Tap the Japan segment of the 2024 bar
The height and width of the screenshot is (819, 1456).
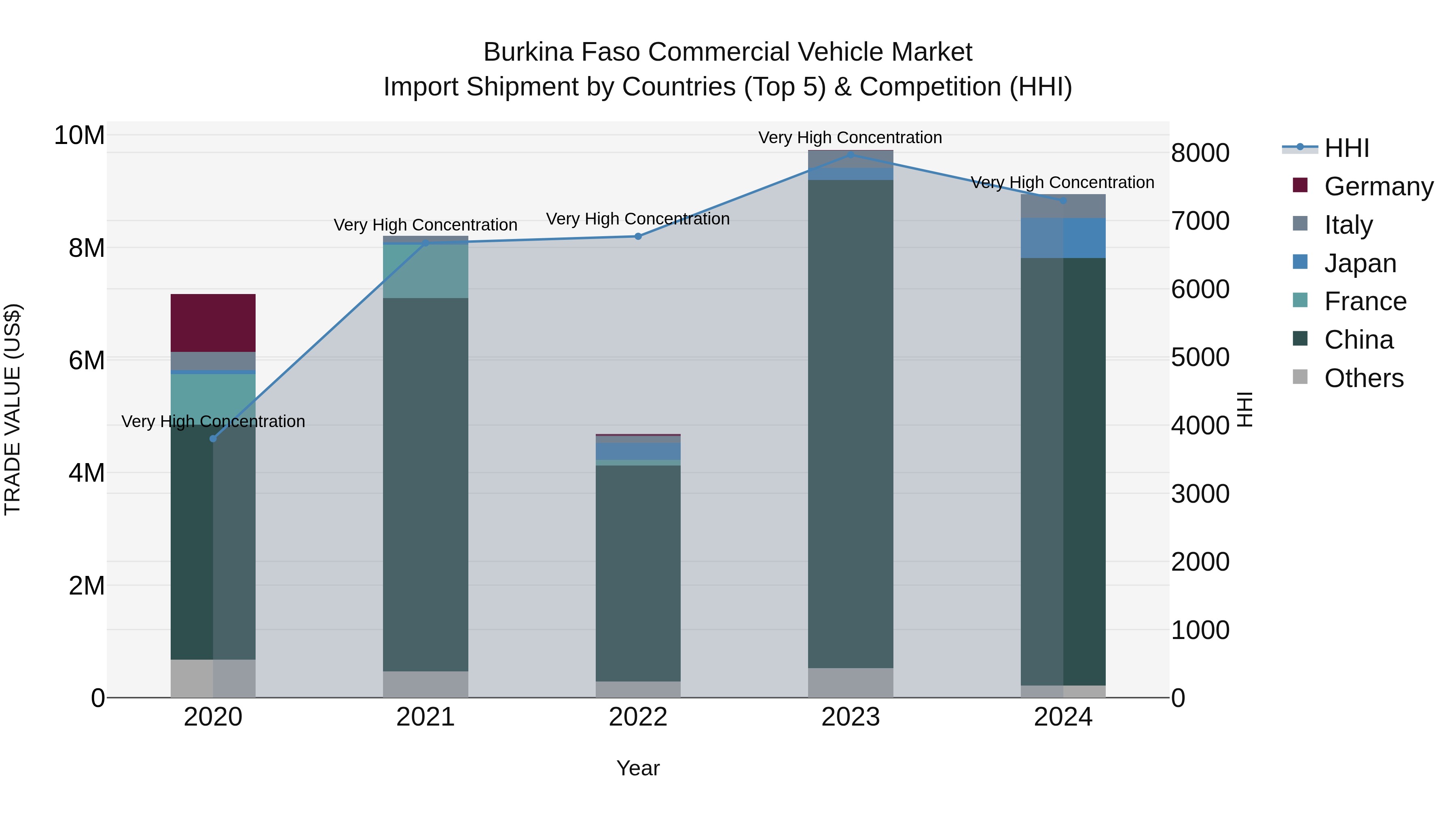click(x=1062, y=238)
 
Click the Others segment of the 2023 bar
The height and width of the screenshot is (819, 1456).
click(x=850, y=683)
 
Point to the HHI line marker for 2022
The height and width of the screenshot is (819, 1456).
click(x=638, y=236)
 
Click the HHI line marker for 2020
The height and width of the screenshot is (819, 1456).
click(x=213, y=438)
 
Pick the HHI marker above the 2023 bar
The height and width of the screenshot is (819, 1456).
click(x=850, y=154)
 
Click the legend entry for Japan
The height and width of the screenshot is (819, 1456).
click(x=1360, y=263)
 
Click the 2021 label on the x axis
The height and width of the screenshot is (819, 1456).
click(x=425, y=717)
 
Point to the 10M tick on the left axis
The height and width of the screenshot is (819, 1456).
click(x=79, y=135)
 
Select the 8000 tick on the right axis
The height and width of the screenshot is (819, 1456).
click(x=1200, y=153)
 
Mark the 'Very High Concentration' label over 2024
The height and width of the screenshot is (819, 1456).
click(x=1062, y=182)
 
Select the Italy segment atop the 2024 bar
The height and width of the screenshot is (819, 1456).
click(x=1062, y=206)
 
